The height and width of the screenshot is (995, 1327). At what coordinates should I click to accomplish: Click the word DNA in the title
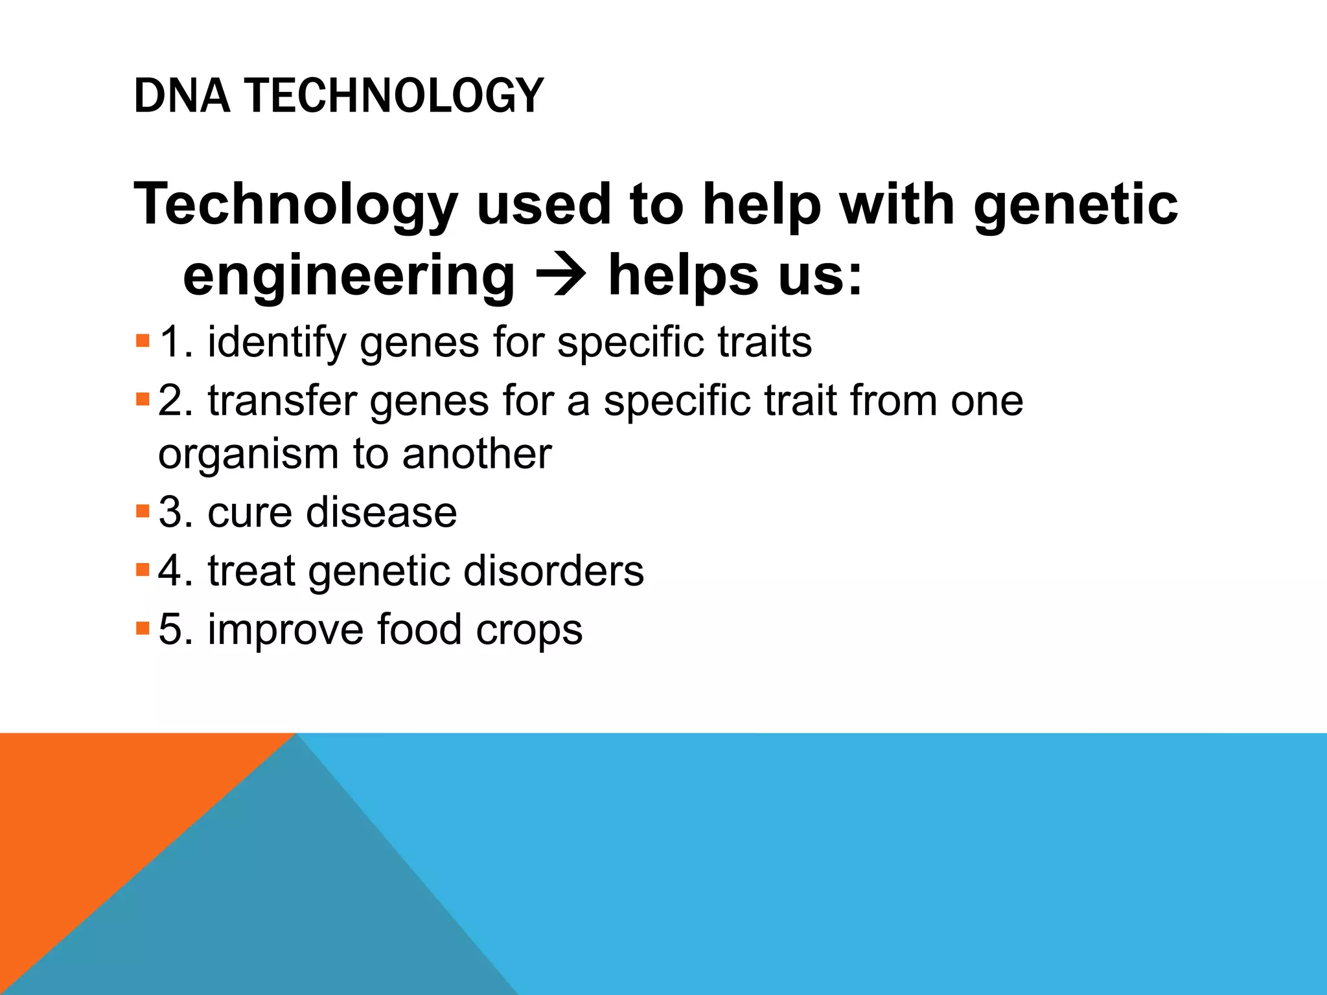coord(181,96)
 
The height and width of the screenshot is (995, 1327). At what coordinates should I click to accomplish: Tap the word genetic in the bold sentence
coord(1076,205)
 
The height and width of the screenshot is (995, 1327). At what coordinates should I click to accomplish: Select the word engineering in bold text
coord(349,276)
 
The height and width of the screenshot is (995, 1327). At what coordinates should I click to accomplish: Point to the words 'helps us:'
coord(735,276)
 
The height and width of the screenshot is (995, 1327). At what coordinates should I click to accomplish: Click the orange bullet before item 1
coord(143,341)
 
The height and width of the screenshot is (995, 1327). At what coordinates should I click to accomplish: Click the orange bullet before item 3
coord(143,511)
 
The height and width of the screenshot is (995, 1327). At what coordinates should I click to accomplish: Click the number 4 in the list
coord(170,571)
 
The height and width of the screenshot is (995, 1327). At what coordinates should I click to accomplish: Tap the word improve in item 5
coord(285,630)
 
